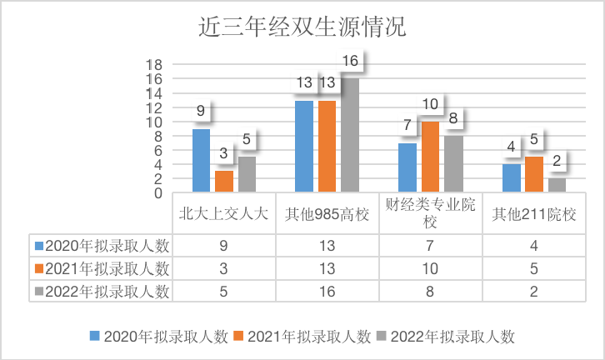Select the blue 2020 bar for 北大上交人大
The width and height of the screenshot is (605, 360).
pyautogui.click(x=201, y=161)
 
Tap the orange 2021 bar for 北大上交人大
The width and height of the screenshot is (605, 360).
pyautogui.click(x=224, y=182)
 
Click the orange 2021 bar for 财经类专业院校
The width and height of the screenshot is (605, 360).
pyautogui.click(x=430, y=157)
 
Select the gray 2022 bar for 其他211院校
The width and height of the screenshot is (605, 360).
pyautogui.click(x=557, y=185)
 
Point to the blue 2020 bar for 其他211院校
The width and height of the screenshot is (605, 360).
pyautogui.click(x=511, y=178)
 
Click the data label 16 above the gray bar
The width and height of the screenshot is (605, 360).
pyautogui.click(x=350, y=62)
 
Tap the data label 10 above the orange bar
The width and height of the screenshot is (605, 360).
pyautogui.click(x=431, y=105)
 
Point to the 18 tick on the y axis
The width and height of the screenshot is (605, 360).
pyautogui.click(x=154, y=65)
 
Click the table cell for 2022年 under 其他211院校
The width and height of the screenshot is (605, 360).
pyautogui.click(x=533, y=291)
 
